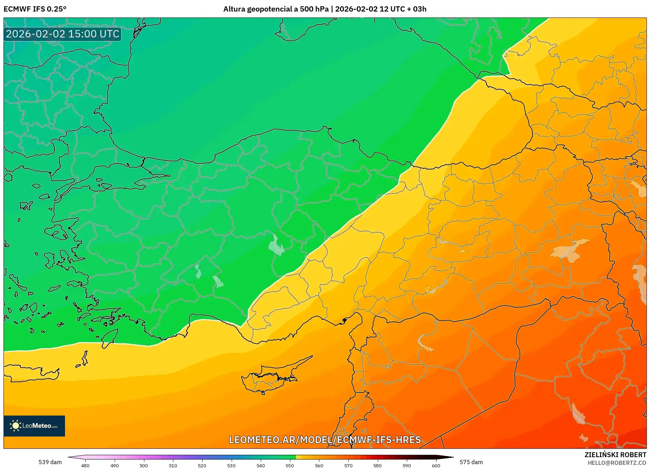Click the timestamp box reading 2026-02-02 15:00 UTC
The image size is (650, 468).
point(63,34)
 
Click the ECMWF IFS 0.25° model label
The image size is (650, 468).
point(35,9)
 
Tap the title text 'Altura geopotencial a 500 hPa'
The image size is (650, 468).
point(276,9)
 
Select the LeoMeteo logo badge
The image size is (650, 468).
point(34,426)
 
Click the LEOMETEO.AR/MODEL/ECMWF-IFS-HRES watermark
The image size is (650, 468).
point(325,440)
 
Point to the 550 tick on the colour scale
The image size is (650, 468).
point(290,465)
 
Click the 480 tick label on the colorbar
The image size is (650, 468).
point(85,465)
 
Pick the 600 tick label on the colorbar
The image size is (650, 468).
point(436,465)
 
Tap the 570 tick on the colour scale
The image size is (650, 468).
point(348,465)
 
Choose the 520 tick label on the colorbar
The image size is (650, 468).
point(202,465)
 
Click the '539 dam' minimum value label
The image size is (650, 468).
point(50,462)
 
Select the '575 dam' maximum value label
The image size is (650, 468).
point(471,462)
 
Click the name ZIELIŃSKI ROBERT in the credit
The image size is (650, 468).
point(615,455)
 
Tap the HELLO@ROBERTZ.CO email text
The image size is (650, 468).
point(616,463)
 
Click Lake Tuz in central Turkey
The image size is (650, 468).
point(276,245)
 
